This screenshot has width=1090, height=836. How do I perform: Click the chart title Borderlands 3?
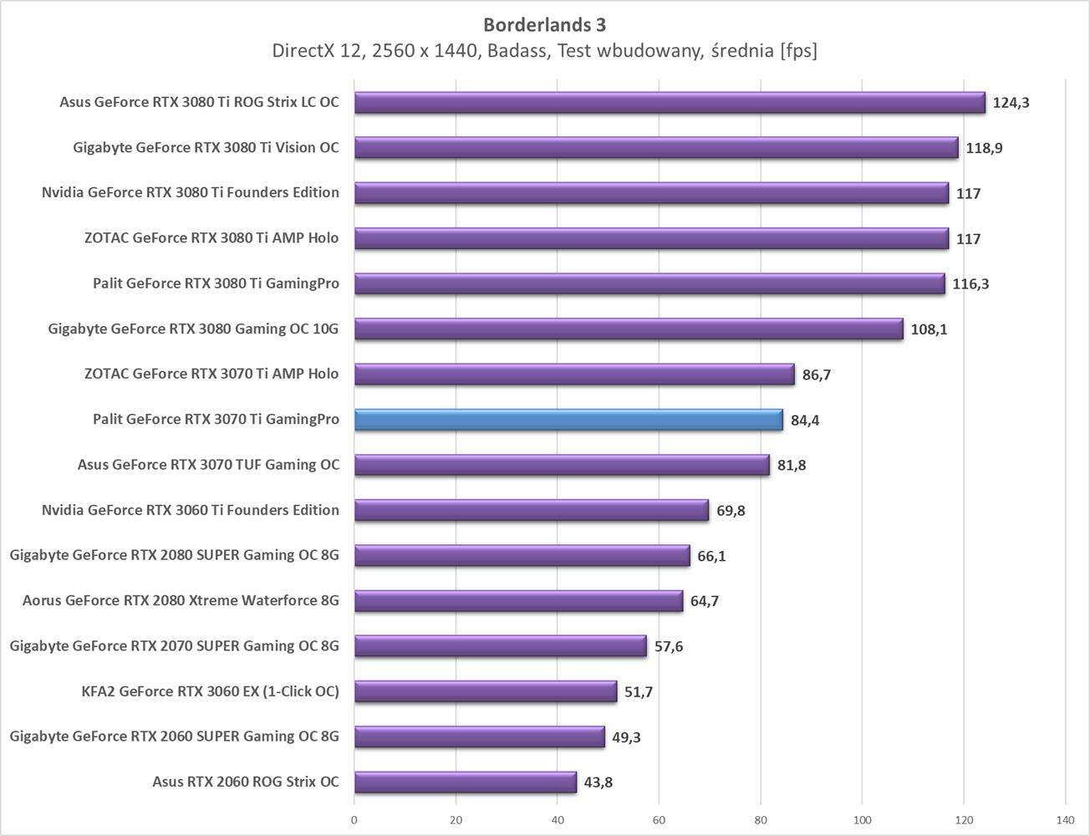click(x=544, y=23)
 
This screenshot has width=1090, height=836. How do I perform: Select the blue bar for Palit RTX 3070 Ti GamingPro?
click(x=568, y=420)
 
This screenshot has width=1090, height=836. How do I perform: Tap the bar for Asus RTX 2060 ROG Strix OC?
click(x=465, y=782)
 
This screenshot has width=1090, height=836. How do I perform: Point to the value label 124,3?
click(x=1011, y=103)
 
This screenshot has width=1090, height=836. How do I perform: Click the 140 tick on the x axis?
click(x=1065, y=820)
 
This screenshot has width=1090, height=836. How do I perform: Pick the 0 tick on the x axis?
click(x=354, y=820)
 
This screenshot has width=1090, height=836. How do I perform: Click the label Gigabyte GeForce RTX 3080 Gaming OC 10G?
click(x=193, y=329)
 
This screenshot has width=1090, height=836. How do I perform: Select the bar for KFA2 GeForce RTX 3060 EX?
click(x=485, y=691)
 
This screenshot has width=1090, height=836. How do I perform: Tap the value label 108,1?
click(x=929, y=329)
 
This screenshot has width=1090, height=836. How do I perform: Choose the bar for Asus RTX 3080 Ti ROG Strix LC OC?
click(x=669, y=103)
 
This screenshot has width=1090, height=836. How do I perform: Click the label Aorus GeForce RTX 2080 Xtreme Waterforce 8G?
click(x=181, y=600)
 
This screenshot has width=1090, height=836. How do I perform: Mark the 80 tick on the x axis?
click(x=761, y=820)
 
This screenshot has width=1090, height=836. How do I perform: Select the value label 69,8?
click(x=731, y=511)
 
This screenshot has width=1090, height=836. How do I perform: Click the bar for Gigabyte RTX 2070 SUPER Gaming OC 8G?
click(x=500, y=646)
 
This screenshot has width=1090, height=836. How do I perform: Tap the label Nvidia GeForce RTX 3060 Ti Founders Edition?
click(x=191, y=510)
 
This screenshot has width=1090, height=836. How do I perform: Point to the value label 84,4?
click(x=804, y=421)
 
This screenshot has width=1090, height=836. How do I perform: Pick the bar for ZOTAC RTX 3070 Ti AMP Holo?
click(x=574, y=375)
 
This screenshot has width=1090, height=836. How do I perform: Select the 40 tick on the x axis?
click(x=558, y=820)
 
